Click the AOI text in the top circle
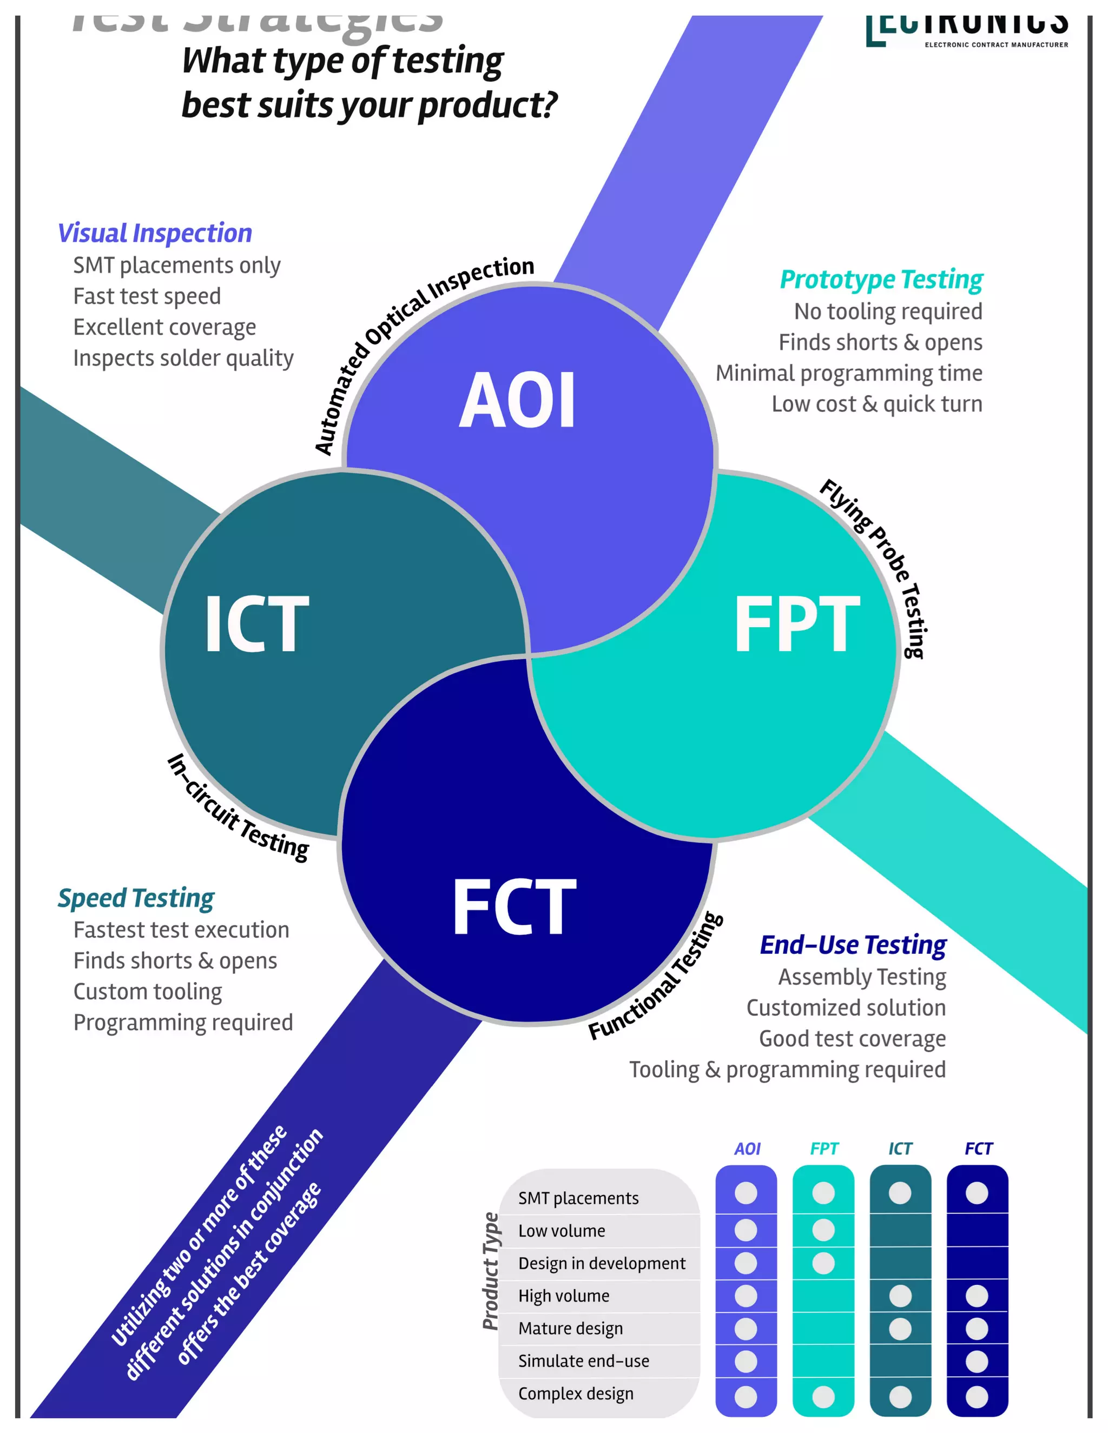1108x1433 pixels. tap(517, 400)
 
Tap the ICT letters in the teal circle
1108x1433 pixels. tap(256, 624)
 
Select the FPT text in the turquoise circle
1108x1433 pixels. tap(796, 624)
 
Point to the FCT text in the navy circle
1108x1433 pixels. tap(514, 907)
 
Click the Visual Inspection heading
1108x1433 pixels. tap(155, 233)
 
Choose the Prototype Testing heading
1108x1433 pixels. tap(881, 279)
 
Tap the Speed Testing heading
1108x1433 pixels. tap(136, 898)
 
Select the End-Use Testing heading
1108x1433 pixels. tap(853, 945)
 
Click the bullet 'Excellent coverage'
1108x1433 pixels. tap(164, 327)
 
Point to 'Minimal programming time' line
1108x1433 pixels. tap(849, 373)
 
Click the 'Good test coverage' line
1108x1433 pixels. tap(852, 1039)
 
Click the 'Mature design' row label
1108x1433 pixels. tap(570, 1329)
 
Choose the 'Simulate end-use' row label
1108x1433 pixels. tap(584, 1362)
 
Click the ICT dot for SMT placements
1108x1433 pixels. tap(900, 1193)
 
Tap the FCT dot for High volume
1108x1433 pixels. tap(977, 1296)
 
